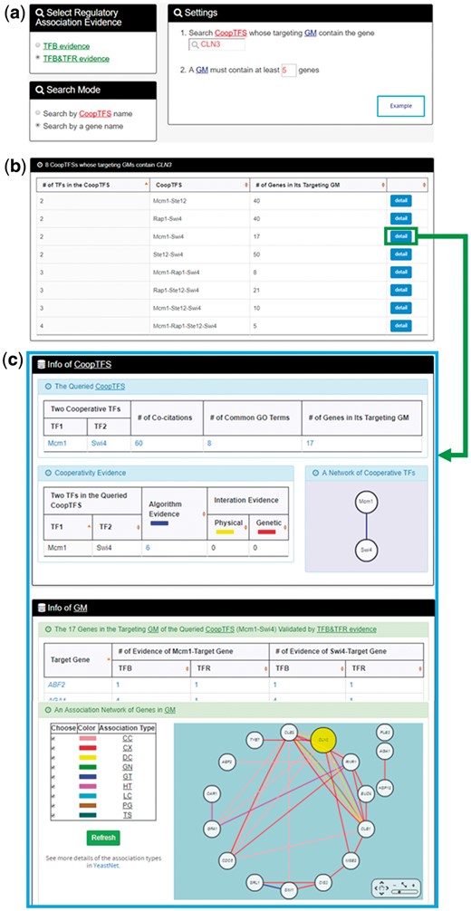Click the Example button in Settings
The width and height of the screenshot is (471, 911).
tap(399, 105)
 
